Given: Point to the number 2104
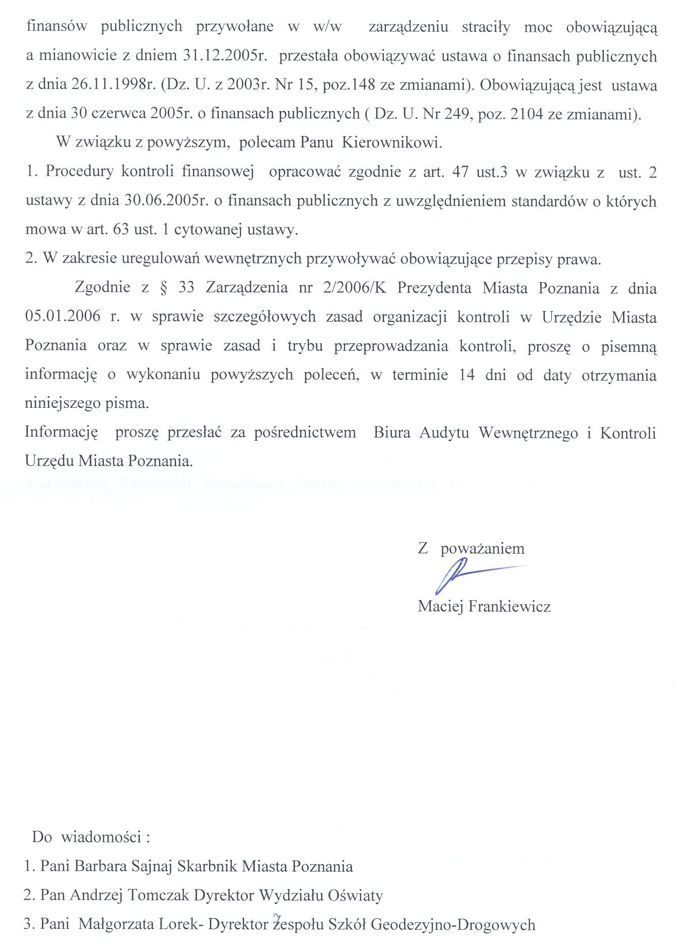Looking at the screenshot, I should (529, 114).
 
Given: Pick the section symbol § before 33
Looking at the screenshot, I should (163, 288).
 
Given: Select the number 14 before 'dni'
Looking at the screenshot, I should (467, 375).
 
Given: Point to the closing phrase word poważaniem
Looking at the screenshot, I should (482, 549).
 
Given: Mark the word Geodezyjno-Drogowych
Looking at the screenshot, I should (452, 924).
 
